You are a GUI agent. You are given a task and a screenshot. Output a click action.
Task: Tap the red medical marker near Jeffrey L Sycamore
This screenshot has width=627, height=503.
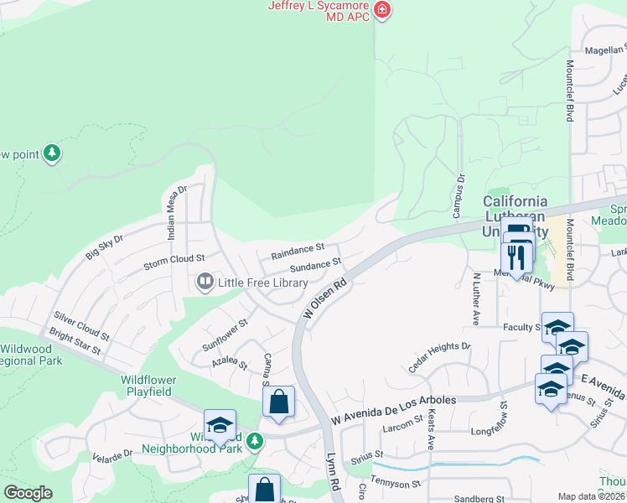[x=382, y=10]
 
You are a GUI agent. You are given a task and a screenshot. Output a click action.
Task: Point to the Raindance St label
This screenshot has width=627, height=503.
[x=297, y=251]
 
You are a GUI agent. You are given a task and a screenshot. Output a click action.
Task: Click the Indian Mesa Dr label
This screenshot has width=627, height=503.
[x=176, y=213]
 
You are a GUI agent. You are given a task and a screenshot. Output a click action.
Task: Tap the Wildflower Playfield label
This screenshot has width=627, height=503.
[x=147, y=385]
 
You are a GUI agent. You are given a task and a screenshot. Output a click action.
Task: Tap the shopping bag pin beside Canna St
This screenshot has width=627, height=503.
[x=278, y=402]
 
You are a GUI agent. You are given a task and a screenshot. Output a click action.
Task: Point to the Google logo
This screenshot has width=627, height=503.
[x=28, y=494]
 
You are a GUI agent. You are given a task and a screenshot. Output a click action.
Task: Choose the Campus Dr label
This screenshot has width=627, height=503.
[x=459, y=195]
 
